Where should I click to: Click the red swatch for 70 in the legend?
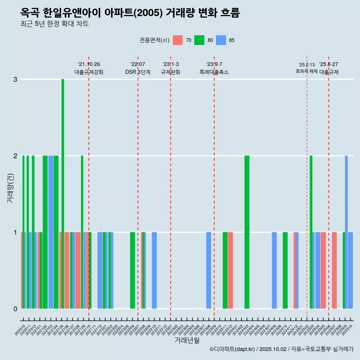coord(178,40)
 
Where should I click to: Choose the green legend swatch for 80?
coord(199,40)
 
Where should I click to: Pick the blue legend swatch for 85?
coord(221,40)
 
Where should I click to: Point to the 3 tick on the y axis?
coord(15,79)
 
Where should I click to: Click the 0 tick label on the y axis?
coord(15,309)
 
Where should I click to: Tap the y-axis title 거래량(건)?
coord(10,187)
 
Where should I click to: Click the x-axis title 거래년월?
coord(187,340)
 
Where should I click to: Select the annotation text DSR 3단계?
coord(138,72)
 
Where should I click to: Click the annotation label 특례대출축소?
coord(214,72)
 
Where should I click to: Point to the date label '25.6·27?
coord(328,64)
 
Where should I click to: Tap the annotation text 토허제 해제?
coord(306,71)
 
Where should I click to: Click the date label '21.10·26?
coord(89,64)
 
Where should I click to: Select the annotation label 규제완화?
coord(171,72)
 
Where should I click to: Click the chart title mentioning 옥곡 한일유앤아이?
coord(130,13)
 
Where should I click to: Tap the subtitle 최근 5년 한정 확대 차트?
coord(54,24)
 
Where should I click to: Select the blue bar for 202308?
coord(208,270)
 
